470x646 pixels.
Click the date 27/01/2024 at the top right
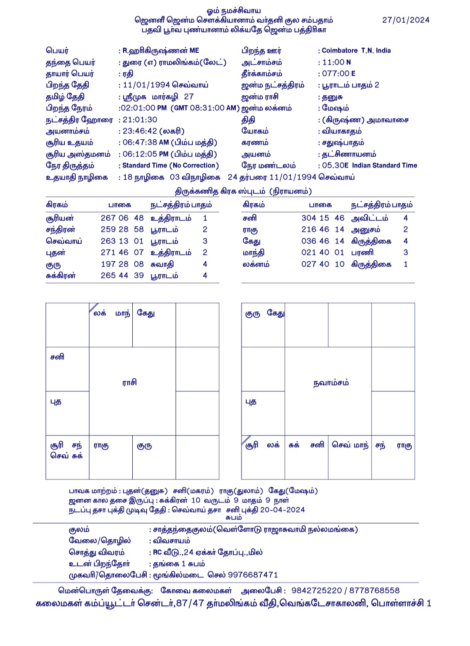click(406, 20)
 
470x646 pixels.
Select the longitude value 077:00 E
click(339, 74)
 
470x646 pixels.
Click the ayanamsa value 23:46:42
click(139, 131)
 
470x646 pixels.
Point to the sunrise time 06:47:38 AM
click(145, 143)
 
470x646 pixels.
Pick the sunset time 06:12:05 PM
click(145, 154)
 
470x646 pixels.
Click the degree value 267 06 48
click(122, 218)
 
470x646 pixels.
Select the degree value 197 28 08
click(122, 264)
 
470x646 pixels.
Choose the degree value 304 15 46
click(322, 218)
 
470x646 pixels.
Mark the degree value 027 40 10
click(322, 264)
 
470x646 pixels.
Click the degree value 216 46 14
click(322, 229)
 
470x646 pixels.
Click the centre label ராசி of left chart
click(129, 382)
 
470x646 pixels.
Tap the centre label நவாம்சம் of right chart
click(331, 383)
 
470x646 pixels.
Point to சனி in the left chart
click(57, 357)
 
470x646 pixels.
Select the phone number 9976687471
click(252, 575)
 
